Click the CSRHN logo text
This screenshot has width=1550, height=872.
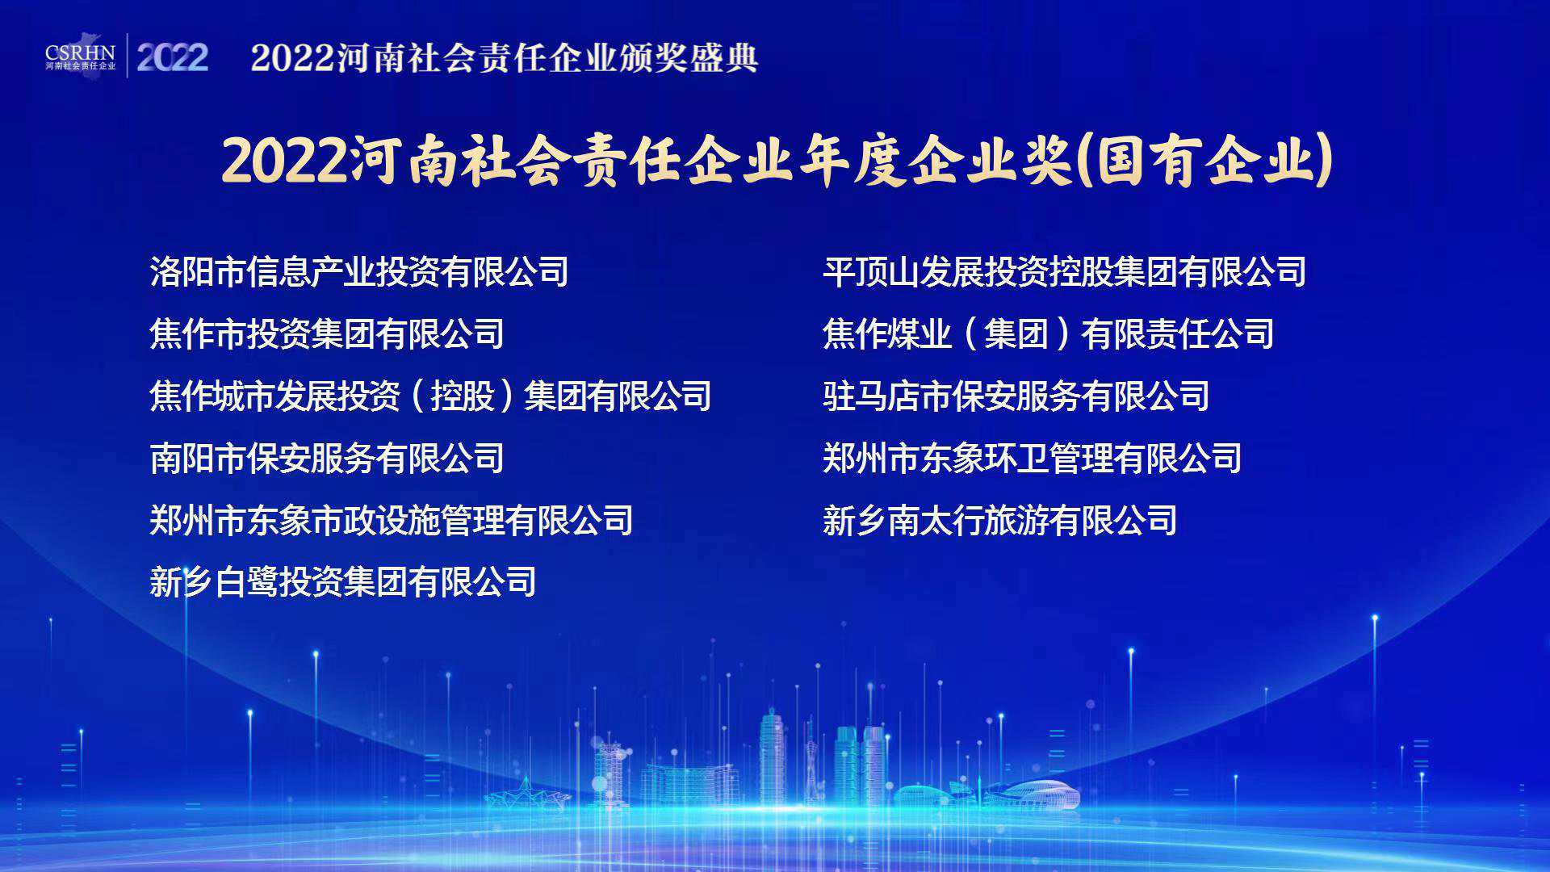point(81,53)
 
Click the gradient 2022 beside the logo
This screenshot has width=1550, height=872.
point(173,57)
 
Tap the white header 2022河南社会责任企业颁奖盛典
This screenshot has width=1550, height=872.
point(505,58)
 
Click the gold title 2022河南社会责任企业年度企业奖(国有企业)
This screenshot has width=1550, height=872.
point(777,161)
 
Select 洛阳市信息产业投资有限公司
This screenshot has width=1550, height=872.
point(359,272)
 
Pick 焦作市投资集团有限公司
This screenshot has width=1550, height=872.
point(327,334)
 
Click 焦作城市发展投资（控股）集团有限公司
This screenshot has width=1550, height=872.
point(430,396)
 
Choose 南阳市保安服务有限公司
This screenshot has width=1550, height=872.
point(327,459)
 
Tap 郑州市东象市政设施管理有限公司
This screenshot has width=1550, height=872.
point(392,521)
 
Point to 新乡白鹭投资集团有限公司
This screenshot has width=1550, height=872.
point(343,582)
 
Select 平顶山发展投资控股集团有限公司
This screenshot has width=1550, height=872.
point(1065,272)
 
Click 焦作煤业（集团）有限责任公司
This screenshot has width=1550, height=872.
point(1049,334)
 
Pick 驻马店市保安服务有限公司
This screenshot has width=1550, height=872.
point(1016,396)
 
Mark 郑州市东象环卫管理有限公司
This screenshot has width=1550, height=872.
point(1033,459)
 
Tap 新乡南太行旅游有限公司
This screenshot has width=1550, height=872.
point(1000,521)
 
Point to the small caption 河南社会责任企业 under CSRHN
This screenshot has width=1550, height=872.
point(81,66)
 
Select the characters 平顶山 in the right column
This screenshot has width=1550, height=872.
point(871,272)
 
